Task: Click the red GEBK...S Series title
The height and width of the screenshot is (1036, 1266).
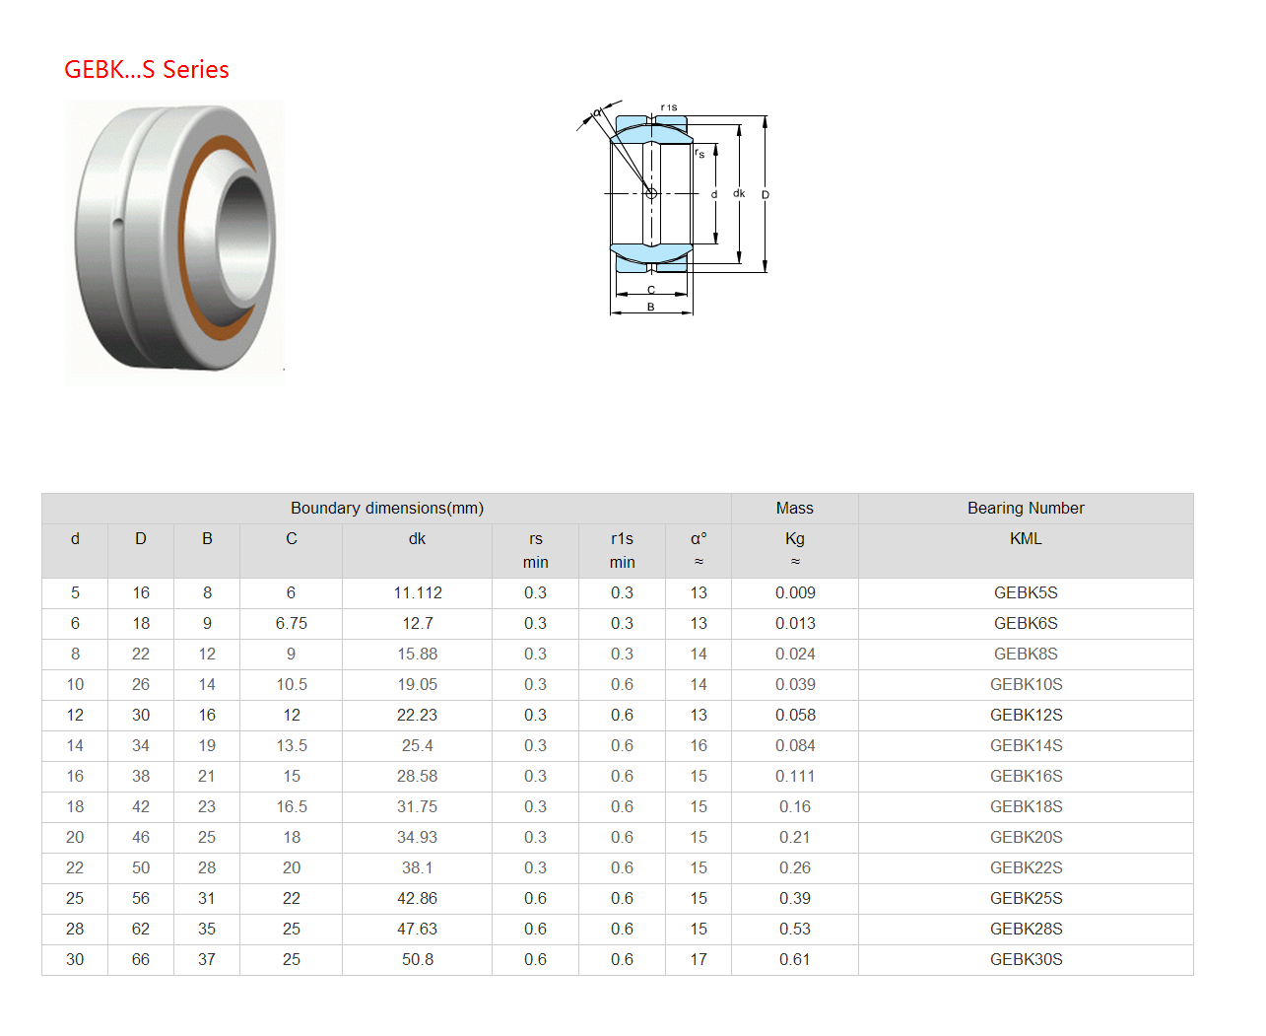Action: pos(146,69)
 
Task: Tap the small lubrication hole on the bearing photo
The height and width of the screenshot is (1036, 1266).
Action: pos(117,224)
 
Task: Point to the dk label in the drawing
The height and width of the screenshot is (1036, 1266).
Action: pos(738,193)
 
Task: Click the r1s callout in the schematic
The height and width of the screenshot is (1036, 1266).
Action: pos(669,107)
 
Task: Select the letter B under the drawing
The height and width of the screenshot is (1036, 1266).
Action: pos(650,307)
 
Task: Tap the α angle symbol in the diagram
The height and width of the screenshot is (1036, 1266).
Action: pos(597,112)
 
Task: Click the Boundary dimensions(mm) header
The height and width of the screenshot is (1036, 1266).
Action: pos(386,508)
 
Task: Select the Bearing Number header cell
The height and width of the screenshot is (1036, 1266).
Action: pos(1026,508)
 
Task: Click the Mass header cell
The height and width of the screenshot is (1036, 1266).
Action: pos(794,508)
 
